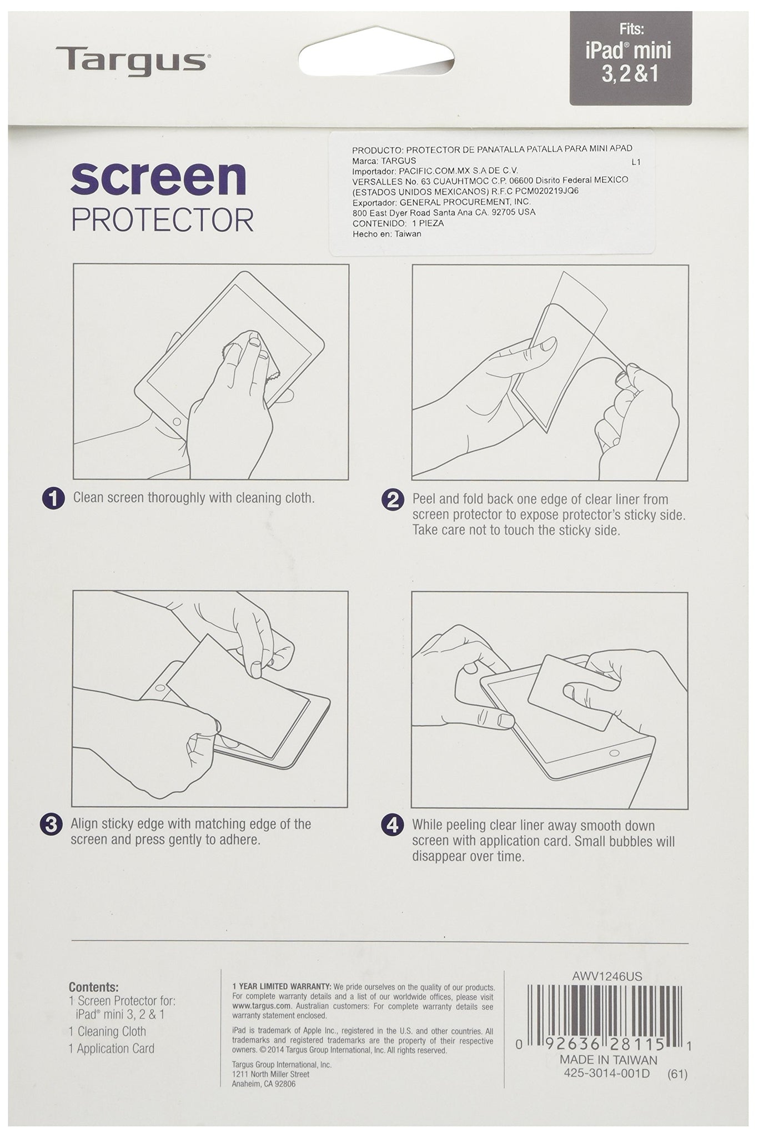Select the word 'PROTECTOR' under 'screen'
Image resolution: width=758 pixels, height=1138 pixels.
point(163,220)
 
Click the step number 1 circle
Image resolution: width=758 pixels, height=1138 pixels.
point(53,498)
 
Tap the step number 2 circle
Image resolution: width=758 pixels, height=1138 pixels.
point(393,500)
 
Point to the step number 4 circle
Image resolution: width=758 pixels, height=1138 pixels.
point(393,825)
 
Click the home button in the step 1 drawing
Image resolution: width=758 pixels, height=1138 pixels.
point(177,422)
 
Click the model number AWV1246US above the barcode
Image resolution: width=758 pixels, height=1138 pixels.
point(608,976)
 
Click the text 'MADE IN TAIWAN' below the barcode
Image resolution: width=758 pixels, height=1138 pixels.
point(608,1060)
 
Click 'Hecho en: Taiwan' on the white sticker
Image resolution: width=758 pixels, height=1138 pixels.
point(387,234)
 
